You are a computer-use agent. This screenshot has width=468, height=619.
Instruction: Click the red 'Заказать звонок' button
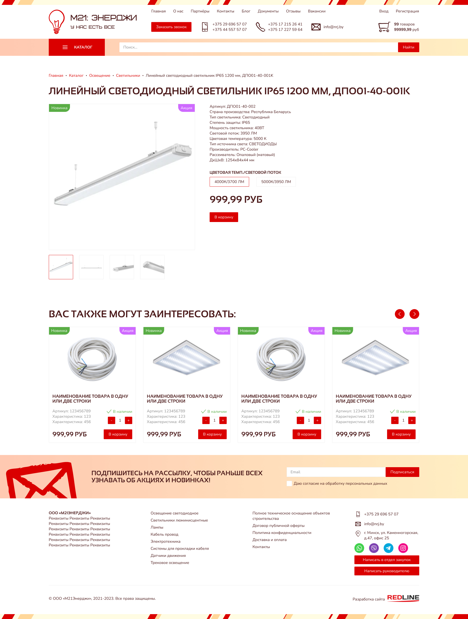(171, 27)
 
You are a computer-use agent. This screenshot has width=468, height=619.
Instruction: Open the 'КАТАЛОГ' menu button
(77, 47)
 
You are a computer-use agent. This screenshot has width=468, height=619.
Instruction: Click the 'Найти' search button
(408, 47)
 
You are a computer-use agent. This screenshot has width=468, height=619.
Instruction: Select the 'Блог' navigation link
(246, 11)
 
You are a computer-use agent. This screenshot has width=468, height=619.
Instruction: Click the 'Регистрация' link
(407, 11)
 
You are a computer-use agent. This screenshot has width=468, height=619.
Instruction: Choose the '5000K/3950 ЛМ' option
(276, 182)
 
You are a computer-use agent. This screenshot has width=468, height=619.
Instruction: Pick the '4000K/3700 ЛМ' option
(229, 182)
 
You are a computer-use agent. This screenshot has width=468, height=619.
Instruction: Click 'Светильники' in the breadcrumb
(128, 76)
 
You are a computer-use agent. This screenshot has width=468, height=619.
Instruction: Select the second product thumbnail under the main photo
(91, 267)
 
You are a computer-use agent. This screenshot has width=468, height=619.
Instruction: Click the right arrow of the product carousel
(414, 314)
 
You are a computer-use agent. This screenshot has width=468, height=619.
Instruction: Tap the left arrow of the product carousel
(400, 314)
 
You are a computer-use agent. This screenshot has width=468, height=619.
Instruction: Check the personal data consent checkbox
(289, 484)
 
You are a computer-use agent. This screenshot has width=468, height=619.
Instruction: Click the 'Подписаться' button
(402, 472)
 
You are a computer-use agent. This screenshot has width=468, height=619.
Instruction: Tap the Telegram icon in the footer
(388, 548)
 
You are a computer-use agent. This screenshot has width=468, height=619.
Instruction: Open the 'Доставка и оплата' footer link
(269, 540)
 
